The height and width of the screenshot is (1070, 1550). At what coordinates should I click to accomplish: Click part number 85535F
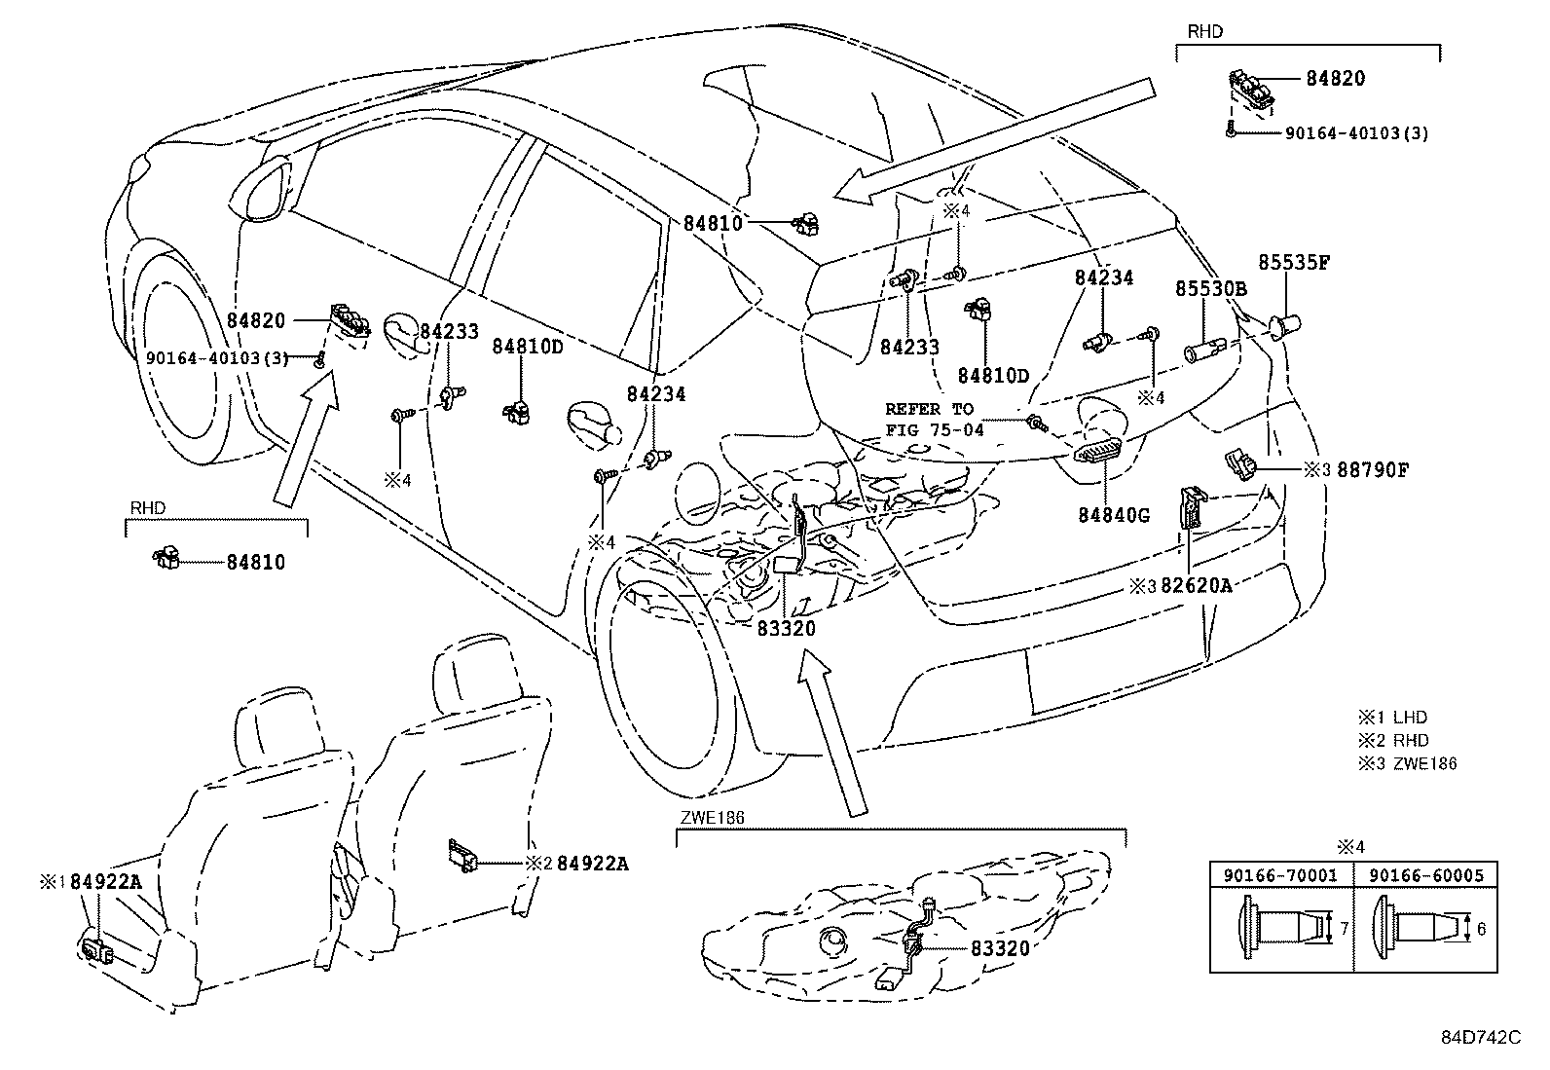[x=1294, y=263]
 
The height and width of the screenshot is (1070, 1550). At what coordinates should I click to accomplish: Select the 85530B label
[x=1211, y=289]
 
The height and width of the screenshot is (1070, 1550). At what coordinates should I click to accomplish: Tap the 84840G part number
[x=1114, y=514]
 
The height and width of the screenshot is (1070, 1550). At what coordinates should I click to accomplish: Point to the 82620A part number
[x=1197, y=585]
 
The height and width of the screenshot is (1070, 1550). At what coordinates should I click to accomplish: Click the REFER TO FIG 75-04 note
[x=935, y=420]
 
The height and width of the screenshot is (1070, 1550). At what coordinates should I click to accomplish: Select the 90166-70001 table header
[x=1280, y=875]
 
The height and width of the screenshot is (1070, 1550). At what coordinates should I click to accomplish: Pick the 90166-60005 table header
[x=1426, y=875]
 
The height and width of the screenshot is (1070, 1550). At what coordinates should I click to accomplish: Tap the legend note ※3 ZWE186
[x=1408, y=763]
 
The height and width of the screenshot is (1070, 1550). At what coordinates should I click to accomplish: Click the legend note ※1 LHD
[x=1393, y=718]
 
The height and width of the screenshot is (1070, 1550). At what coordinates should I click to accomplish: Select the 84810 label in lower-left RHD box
[x=256, y=562]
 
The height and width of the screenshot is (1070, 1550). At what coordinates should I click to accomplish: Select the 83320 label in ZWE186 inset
[x=1000, y=947]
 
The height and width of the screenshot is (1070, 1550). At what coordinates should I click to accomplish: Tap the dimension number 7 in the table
[x=1344, y=929]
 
